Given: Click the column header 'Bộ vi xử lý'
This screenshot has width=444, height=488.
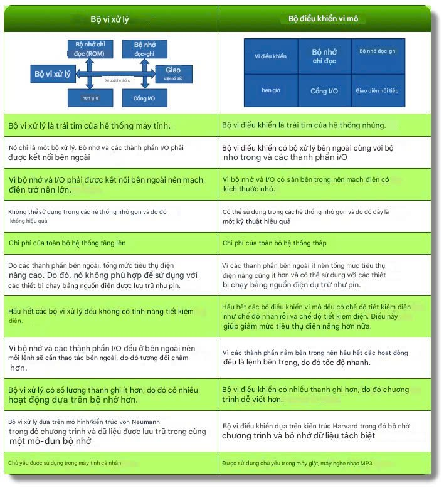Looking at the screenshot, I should tap(110, 19).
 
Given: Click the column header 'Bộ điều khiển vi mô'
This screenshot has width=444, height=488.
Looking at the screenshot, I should tap(323, 19).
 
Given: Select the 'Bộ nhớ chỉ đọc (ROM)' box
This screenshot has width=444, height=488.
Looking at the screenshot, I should tap(90, 49).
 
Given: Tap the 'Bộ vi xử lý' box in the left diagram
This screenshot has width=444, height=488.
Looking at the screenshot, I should tap(52, 73).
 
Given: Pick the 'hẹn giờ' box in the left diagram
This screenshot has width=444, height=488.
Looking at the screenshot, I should tap(90, 98).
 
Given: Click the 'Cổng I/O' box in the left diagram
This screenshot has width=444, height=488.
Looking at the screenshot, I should tap(144, 98).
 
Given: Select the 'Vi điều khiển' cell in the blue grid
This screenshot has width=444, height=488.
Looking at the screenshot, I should tap(270, 56).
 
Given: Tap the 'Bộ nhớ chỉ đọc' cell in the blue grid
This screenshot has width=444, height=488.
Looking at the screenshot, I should tap(324, 56).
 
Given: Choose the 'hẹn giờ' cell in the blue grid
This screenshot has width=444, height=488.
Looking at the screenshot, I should tap(270, 90).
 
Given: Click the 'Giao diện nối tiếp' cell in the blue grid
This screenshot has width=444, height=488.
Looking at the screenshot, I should tap(377, 90).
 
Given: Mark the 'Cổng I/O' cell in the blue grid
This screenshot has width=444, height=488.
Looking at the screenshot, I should tap(324, 91).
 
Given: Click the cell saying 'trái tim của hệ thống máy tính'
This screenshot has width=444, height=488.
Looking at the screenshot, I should tap(110, 125).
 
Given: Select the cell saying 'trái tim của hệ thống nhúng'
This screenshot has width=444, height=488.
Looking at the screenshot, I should tap(324, 125).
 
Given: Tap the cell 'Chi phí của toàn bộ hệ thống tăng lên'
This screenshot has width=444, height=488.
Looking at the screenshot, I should tap(110, 242).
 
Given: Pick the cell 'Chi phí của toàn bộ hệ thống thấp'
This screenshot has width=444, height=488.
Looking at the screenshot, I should tap(324, 242).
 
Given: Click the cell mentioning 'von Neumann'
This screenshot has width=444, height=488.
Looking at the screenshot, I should tap(110, 431).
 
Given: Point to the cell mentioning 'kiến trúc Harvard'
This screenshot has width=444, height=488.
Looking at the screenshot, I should tap(324, 431).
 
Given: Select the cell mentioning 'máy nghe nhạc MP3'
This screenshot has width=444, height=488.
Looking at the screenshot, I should tap(324, 463).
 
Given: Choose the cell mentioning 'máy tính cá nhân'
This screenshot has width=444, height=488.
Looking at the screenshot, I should tap(110, 463).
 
